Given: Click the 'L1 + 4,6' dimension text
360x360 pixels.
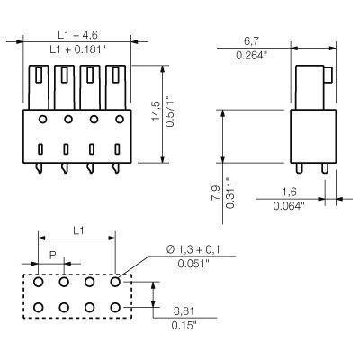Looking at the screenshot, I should pyautogui.click(x=76, y=32).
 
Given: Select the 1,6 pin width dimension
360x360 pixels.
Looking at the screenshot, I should pyautogui.click(x=291, y=191).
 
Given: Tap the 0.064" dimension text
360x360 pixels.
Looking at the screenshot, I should pyautogui.click(x=291, y=206).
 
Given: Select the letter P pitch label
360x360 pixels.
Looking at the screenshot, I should pyautogui.click(x=52, y=256).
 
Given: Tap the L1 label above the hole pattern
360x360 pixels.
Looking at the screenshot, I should pyautogui.click(x=77, y=231).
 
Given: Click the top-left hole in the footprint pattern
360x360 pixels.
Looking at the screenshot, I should pyautogui.click(x=40, y=282).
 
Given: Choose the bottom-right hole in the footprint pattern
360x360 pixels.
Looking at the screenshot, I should pyautogui.click(x=115, y=308).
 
